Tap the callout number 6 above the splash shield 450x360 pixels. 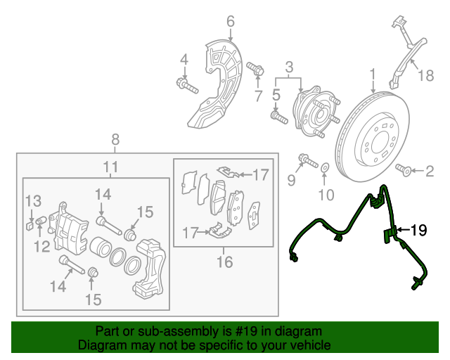pos(230,22)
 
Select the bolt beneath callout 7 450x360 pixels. pos(257,70)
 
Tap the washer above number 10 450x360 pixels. pos(325,169)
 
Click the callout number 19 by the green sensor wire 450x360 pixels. pos(418,229)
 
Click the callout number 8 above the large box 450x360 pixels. pos(115,139)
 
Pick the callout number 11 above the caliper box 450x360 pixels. pos(110,167)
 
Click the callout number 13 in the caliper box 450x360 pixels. pos(34,202)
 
